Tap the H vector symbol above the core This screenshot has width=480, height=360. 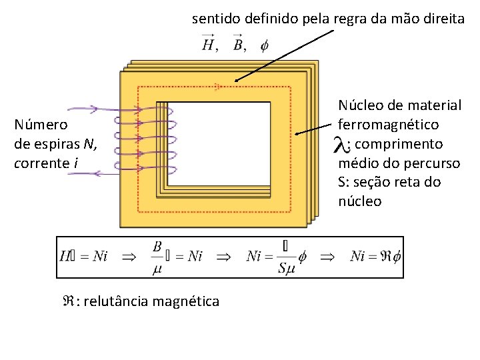click(x=209, y=45)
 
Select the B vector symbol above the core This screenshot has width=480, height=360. click(x=238, y=45)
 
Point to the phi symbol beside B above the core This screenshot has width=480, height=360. click(x=264, y=45)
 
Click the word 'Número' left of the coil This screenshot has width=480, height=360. click(x=41, y=125)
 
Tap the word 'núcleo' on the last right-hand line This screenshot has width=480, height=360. click(x=360, y=201)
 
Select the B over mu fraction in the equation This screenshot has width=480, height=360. click(x=158, y=256)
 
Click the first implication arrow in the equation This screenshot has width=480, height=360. click(x=128, y=256)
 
